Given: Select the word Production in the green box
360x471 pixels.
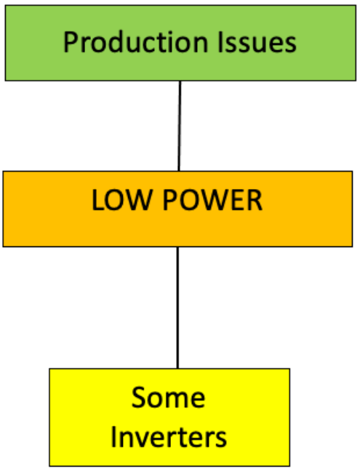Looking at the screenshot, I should (128, 42).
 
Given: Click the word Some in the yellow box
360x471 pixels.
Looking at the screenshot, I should (169, 398).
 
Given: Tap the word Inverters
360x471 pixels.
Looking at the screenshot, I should (169, 438).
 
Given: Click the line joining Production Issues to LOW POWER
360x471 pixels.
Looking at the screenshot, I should (179, 125).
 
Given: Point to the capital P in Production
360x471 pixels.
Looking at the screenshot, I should (71, 42).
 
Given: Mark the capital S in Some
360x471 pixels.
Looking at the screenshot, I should (138, 398).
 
